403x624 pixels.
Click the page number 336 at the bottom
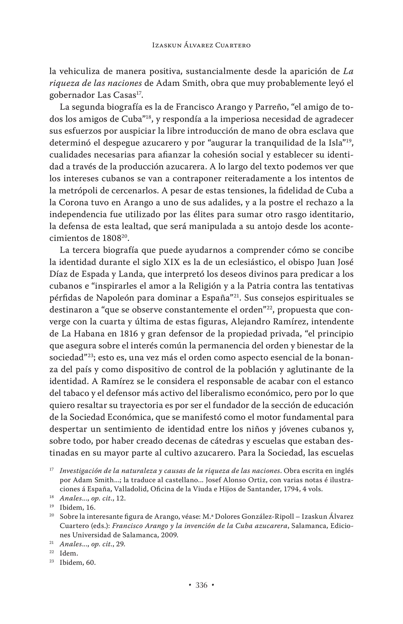coord(201,585)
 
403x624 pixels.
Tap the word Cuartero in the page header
coord(233,45)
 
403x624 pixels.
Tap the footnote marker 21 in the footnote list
coord(52,543)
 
